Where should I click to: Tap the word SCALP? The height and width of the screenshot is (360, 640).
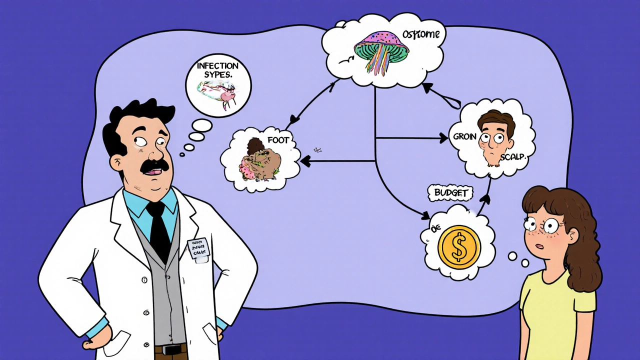click(513, 156)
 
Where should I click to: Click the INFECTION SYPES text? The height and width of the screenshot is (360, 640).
click(217, 70)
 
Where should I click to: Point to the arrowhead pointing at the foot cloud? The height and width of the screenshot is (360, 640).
click(303, 161)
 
